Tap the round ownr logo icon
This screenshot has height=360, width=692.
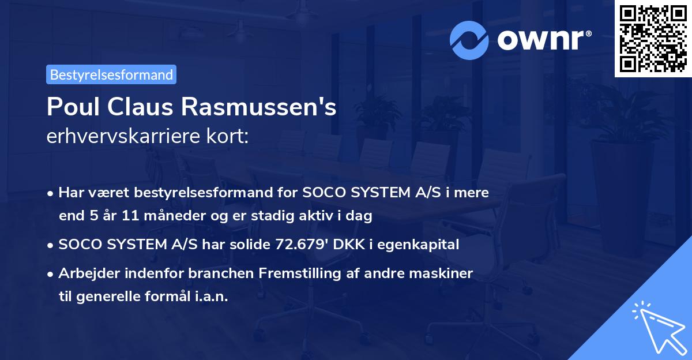coord(469,40)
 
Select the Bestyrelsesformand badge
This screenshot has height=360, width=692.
coord(111,74)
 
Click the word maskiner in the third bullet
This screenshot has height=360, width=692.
coord(445,273)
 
